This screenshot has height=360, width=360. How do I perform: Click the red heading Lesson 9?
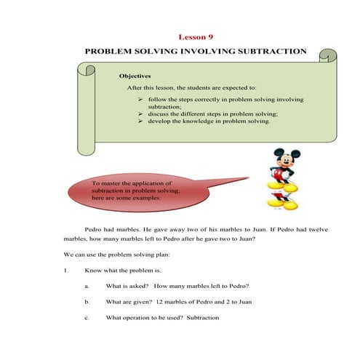[196, 36]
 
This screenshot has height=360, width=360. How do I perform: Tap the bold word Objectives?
[135, 75]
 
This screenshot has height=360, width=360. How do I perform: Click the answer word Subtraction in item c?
[202, 318]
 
